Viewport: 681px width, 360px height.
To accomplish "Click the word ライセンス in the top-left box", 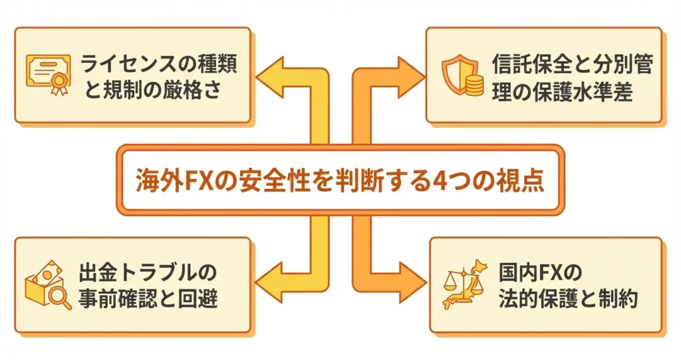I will [x=140, y=65].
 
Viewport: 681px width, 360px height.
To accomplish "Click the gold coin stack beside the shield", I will [x=475, y=86].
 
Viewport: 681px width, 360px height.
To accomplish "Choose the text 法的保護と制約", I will [x=568, y=299].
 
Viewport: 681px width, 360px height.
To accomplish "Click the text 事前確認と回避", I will [x=149, y=299].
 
